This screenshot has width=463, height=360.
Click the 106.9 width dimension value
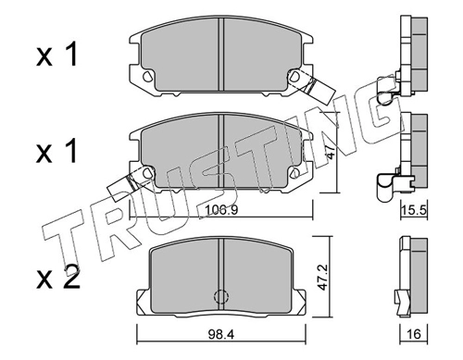pyautogui.click(x=221, y=210)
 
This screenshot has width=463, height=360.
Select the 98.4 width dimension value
pyautogui.click(x=221, y=334)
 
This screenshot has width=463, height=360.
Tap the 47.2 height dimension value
pyautogui.click(x=323, y=277)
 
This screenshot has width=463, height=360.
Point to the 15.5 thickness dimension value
pyautogui.click(x=414, y=211)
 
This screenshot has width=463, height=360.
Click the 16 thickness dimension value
pyautogui.click(x=414, y=334)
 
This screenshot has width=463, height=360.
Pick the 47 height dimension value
pyautogui.click(x=330, y=153)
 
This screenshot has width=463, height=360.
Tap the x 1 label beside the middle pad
pyautogui.click(x=56, y=150)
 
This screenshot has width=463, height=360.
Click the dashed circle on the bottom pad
pyautogui.click(x=221, y=296)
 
